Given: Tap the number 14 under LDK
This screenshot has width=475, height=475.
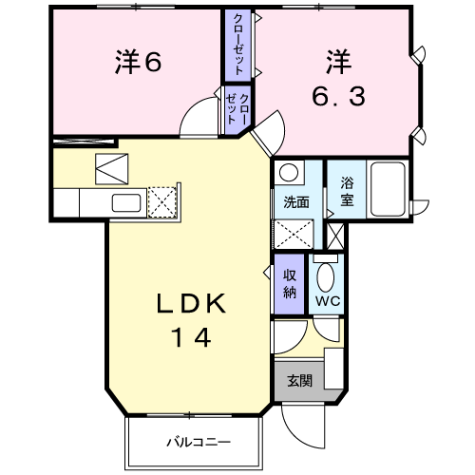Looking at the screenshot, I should [x=190, y=336].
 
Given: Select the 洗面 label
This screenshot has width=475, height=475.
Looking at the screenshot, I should [x=295, y=202].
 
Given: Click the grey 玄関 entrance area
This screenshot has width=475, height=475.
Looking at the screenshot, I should [x=300, y=380].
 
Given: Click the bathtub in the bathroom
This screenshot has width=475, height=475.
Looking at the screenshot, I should [x=389, y=188].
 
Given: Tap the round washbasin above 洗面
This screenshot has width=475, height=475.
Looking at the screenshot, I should [x=289, y=175].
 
